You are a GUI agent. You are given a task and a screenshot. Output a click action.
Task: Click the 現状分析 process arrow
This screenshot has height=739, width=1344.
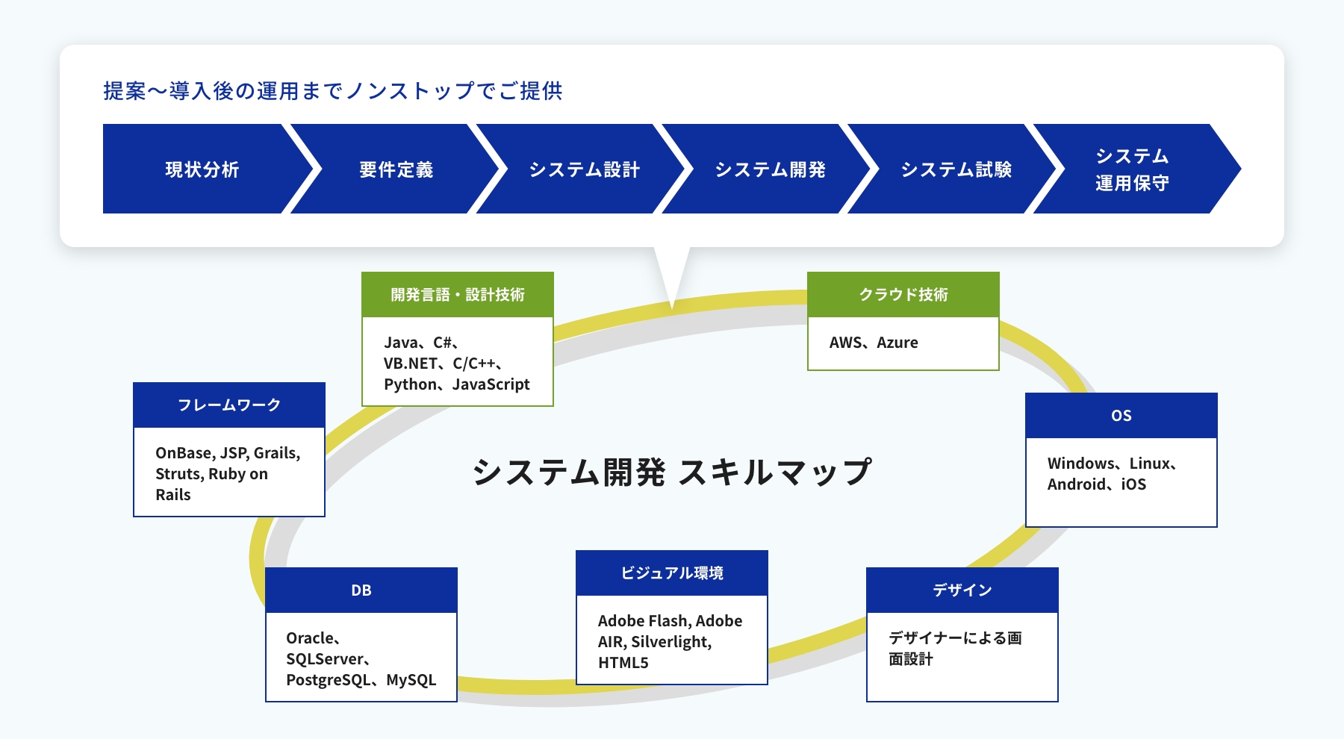pos(202,169)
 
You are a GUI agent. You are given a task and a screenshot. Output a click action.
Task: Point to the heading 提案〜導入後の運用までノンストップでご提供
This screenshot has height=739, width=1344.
pos(333,90)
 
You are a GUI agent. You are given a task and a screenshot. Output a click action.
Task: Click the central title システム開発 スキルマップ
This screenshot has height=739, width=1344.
pos(672,472)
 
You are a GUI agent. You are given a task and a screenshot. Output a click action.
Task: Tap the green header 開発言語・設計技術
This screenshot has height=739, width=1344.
pos(458,295)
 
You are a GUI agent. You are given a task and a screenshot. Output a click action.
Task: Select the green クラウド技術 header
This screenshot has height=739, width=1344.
pos(903,295)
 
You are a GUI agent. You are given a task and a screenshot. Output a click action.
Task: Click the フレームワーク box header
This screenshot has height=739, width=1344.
pos(229,405)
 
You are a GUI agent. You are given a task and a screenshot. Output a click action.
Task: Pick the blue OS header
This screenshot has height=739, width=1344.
pos(1121,416)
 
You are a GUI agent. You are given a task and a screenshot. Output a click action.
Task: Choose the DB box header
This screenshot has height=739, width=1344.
pos(361,590)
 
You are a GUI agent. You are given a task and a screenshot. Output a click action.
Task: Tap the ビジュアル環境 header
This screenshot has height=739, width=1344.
pos(672,573)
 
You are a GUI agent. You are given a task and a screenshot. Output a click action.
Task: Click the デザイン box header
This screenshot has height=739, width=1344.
pos(962,590)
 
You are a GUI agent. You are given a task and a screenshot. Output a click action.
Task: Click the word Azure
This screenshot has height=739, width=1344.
pos(897,343)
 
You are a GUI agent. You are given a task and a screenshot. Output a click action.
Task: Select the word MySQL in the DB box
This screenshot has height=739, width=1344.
pos(411,680)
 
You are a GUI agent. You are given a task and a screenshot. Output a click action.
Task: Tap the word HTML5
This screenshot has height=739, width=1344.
pos(623,663)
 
